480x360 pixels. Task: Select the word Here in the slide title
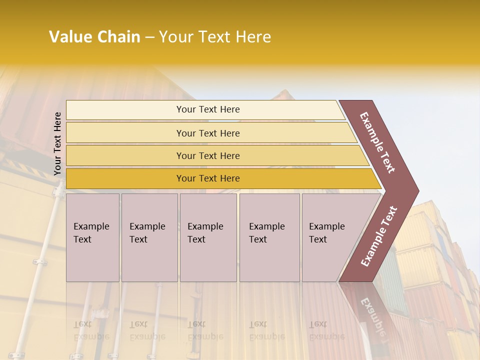253,37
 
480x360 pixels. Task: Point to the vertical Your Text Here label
57,144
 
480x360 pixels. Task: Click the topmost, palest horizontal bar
205,109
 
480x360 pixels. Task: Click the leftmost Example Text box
92,237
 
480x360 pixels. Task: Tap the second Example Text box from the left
149,237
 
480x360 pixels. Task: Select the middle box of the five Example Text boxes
208,237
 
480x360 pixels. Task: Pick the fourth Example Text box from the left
269,237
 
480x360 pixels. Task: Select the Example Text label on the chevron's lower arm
379,236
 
